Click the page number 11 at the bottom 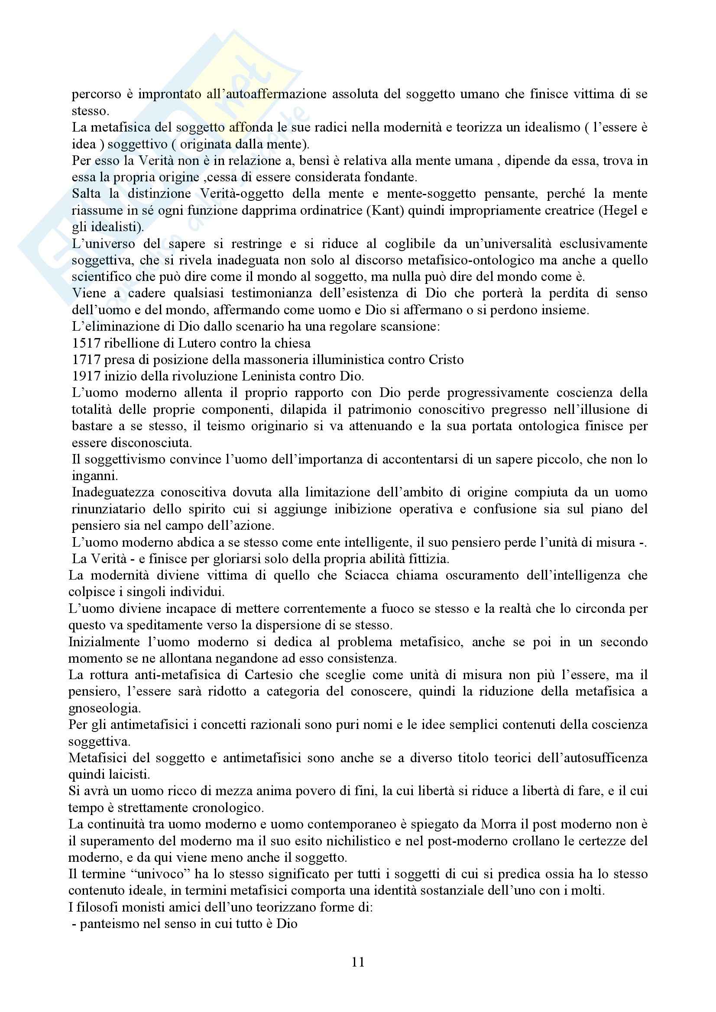coord(358,962)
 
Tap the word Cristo coord(446,360)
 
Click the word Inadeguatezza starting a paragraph coord(113,492)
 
